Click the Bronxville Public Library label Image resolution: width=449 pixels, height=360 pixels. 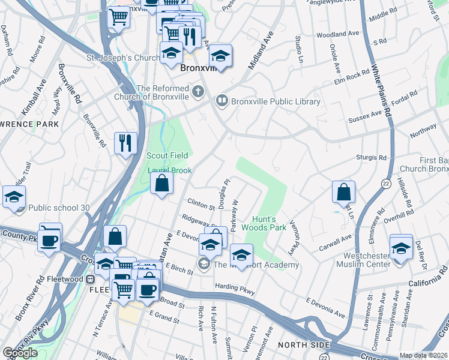275,102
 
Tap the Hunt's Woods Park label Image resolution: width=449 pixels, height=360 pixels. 264,224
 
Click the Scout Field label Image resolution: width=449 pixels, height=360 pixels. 167,155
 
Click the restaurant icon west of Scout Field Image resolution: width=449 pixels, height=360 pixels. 125,143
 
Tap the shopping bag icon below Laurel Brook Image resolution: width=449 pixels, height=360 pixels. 162,183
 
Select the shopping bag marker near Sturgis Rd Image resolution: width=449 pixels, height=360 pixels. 343,193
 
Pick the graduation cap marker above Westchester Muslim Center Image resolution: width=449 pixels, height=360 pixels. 401,247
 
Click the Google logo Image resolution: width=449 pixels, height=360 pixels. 20,353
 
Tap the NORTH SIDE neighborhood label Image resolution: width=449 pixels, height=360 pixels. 303,345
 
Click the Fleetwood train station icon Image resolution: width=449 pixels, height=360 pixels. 91,279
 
